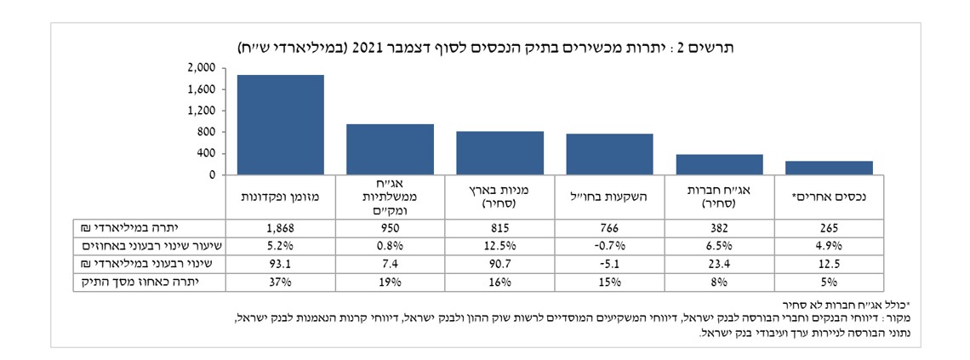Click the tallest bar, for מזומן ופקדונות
click(x=280, y=124)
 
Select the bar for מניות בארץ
click(x=499, y=152)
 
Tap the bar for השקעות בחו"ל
click(x=609, y=154)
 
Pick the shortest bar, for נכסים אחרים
click(x=830, y=168)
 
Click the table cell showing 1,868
click(x=280, y=228)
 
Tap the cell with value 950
click(x=390, y=228)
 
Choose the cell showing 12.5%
click(x=499, y=246)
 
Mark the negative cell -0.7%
click(x=609, y=246)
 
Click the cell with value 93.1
click(x=280, y=264)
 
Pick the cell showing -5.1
click(x=609, y=264)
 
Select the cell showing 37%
click(x=280, y=282)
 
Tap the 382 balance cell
click(x=720, y=228)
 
